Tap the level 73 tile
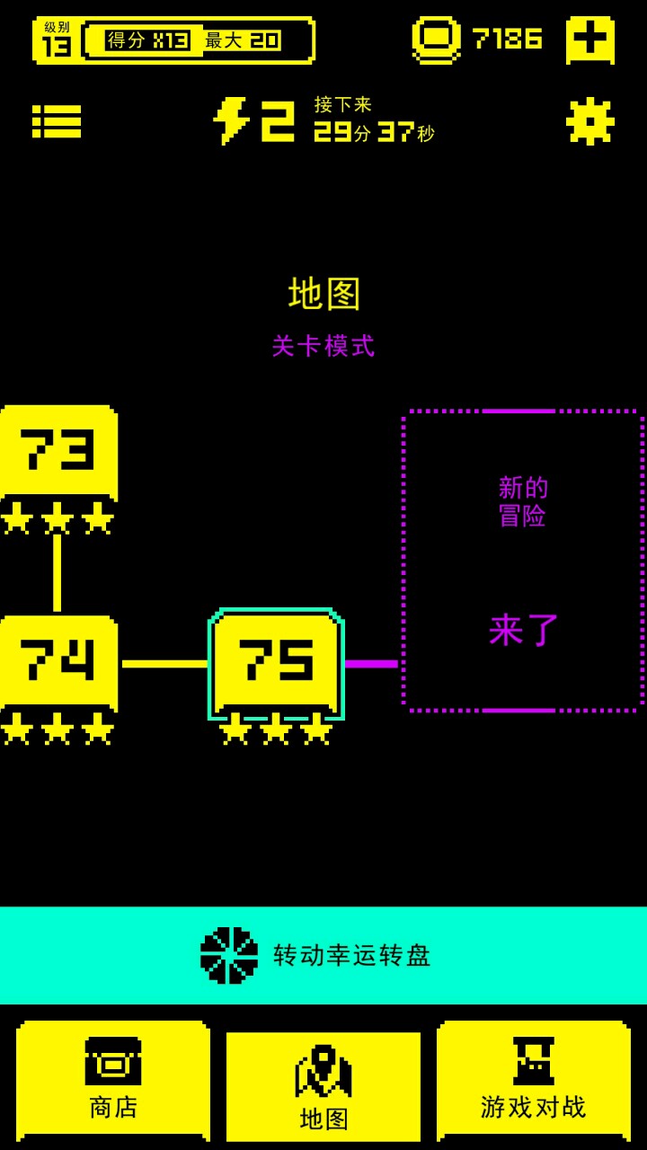(x=58, y=451)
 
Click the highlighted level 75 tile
(x=276, y=662)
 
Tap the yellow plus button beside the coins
(x=590, y=40)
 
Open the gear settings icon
(x=590, y=121)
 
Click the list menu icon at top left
(x=57, y=121)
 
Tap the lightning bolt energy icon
(x=231, y=121)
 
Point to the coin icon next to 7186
(x=437, y=40)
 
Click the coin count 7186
(x=508, y=40)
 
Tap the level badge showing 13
(x=56, y=40)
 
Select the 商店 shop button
(x=113, y=1081)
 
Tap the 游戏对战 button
(x=534, y=1081)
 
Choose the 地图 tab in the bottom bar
(x=323, y=1087)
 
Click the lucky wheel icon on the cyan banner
(x=229, y=955)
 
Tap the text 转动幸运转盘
(x=352, y=955)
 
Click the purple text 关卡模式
(x=323, y=346)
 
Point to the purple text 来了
(x=524, y=630)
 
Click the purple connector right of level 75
(x=371, y=664)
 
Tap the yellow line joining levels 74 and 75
(x=164, y=664)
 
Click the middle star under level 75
(x=276, y=730)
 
